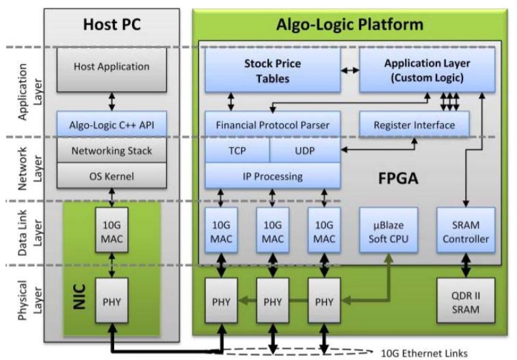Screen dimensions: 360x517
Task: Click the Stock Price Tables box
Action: pos(272,70)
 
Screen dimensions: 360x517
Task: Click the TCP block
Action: pos(237,150)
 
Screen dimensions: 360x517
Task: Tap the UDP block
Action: pos(305,150)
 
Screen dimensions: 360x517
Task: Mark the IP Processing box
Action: pos(272,176)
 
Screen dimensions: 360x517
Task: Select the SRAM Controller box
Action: pos(465,231)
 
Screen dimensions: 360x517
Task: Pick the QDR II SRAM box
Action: pos(465,302)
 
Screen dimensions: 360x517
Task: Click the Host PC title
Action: pos(112,25)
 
